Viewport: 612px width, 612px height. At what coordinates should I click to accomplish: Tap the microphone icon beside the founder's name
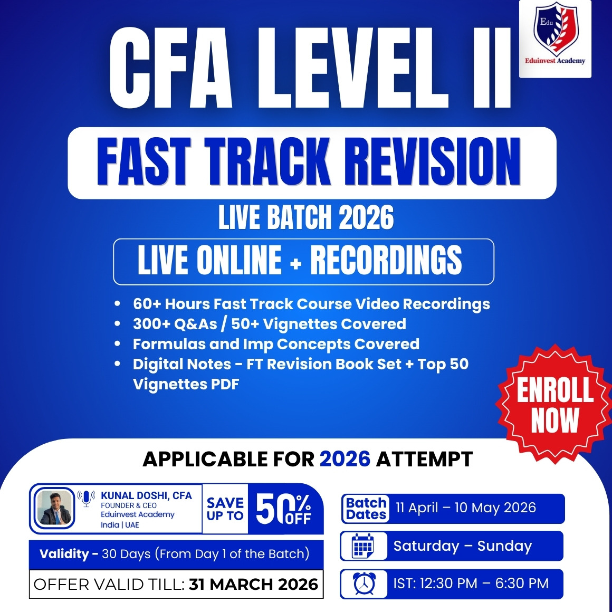coord(86,498)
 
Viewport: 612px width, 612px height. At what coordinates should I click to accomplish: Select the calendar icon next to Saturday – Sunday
coord(363,546)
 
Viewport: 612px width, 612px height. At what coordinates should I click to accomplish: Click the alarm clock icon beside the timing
coord(364,584)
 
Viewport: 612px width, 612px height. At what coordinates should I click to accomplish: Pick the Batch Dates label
coord(366,509)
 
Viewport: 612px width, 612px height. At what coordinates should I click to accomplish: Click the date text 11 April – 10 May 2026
coord(466,508)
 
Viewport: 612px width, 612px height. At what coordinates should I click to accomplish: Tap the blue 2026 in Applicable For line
coord(345,459)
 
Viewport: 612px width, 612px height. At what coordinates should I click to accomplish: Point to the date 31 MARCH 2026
coord(253,584)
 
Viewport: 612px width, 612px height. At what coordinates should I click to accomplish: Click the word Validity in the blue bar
coord(64,554)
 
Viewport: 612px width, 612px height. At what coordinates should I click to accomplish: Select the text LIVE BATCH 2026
coord(306,218)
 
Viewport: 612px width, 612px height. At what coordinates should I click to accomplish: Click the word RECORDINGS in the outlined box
coord(386,260)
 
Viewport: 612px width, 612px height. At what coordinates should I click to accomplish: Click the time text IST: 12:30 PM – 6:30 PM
coord(471,584)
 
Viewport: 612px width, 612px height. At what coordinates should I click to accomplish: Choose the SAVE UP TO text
coord(225,509)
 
